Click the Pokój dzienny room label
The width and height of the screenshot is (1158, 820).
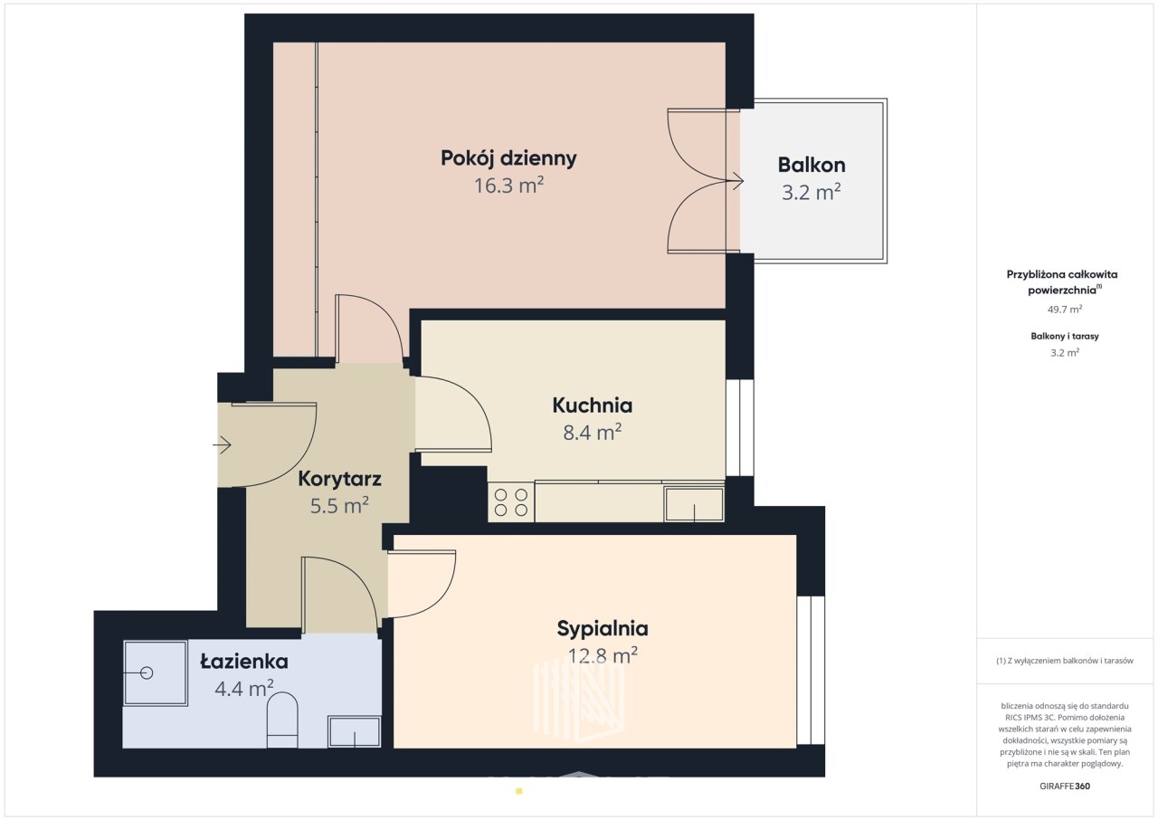coord(508,158)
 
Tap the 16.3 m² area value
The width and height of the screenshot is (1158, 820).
coord(508,186)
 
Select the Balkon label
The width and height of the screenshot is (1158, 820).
coord(812,165)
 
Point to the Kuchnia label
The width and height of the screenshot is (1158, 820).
coord(593,405)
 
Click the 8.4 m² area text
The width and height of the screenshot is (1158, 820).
coord(593,433)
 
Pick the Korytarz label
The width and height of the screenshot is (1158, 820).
coord(339,480)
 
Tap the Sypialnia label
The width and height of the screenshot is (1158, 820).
coord(603,629)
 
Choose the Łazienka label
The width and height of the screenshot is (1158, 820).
coord(244,662)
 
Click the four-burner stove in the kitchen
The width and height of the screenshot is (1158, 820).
coord(511,502)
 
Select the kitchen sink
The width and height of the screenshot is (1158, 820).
coord(694,504)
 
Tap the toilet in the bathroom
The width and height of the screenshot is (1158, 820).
coord(282,720)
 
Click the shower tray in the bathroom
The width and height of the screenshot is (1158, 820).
coord(156,673)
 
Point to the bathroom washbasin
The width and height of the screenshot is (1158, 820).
coord(355,731)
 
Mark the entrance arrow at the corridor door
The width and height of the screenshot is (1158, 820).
coord(222,444)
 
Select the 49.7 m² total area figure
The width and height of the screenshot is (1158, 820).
coord(1065,310)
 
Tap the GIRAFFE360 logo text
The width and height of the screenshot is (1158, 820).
coord(1065,786)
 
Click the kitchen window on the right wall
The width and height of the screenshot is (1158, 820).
coord(740,428)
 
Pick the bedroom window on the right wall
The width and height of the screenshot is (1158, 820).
coord(811,671)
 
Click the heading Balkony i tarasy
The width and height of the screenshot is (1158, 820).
coord(1065,336)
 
